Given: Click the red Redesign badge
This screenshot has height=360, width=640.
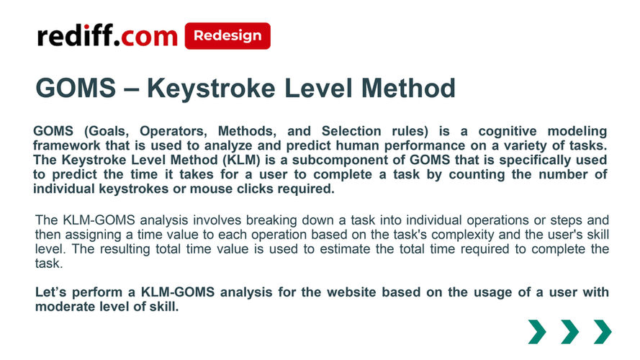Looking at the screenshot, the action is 227,36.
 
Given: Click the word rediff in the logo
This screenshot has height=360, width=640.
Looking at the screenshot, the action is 75,35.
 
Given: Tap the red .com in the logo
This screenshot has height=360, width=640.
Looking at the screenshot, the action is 145,37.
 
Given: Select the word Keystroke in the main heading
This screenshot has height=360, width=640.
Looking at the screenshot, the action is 211,88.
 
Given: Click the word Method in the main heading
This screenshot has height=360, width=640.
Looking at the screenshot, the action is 409,87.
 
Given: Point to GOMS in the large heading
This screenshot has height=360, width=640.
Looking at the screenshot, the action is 76,87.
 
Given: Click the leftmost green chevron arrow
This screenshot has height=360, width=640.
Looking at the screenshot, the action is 537,332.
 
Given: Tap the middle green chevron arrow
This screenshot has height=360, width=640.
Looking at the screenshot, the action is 569,332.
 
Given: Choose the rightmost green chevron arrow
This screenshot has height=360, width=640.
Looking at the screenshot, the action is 603,332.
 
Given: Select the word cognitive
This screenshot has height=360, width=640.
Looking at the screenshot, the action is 508,131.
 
